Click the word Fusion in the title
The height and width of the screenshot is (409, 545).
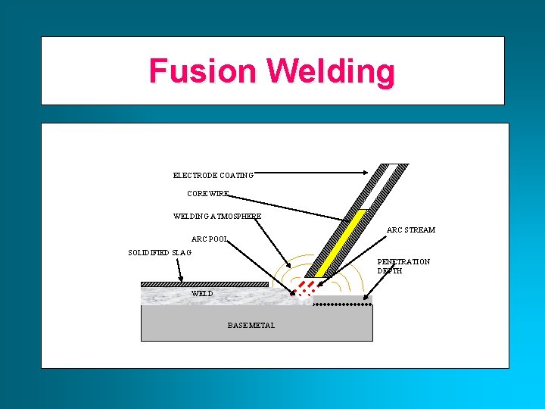(203, 71)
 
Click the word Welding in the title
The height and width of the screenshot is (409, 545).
(331, 72)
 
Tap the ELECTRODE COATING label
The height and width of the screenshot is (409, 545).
(213, 175)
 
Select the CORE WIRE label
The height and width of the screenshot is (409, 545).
(208, 194)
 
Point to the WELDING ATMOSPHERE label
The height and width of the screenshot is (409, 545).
(217, 216)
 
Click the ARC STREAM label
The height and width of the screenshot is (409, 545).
(411, 229)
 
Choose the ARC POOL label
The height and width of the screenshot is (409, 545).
(210, 239)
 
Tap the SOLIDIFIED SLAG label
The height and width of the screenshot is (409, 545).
(160, 252)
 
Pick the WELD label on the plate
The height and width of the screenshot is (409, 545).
(202, 293)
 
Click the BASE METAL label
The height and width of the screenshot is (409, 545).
(251, 325)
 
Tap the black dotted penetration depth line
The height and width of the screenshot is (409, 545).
(342, 304)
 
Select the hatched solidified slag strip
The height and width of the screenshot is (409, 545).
(204, 285)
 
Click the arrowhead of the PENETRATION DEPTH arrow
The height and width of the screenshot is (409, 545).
(366, 299)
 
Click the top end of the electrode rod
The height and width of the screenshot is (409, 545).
(397, 165)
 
